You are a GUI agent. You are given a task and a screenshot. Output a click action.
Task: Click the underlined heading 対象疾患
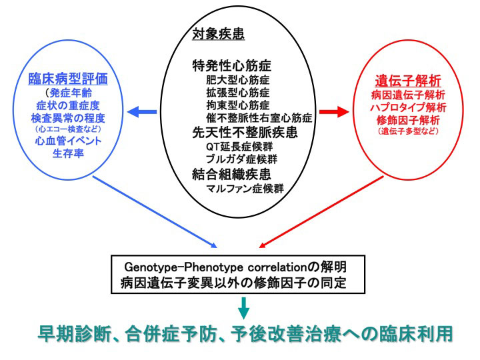coord(218,33)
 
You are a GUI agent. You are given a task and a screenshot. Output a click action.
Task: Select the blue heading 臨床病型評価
coord(68,79)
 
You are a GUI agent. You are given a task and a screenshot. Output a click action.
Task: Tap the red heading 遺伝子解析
coord(408,81)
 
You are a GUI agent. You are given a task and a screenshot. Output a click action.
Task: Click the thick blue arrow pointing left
coord(142,112)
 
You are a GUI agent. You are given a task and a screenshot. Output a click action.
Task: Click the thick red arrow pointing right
coord(334,112)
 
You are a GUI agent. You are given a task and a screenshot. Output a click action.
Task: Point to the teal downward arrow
coord(244,308)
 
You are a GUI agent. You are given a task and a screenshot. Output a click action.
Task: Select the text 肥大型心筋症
coord(238,80)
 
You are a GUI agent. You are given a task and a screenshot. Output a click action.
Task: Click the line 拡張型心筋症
coord(238,93)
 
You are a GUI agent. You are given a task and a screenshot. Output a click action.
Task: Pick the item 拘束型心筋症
coord(238,105)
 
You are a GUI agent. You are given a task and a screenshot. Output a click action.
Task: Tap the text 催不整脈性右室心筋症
coord(259,117)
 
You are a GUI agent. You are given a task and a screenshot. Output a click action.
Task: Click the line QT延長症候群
coord(239,147)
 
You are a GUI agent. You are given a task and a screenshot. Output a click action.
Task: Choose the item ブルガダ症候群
coord(242,159)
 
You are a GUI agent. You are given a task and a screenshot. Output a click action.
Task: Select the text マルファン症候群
coord(245,188)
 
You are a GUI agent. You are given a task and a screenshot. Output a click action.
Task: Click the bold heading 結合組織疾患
coord(231,174)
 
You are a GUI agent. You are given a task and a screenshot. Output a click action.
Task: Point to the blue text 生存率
coord(68,153)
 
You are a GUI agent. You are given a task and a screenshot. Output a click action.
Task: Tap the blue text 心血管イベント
coord(68,141)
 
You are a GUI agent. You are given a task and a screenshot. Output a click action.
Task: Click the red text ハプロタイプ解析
coord(408,107)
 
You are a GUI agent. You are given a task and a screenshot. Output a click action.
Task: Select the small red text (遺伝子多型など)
coord(408,131)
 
